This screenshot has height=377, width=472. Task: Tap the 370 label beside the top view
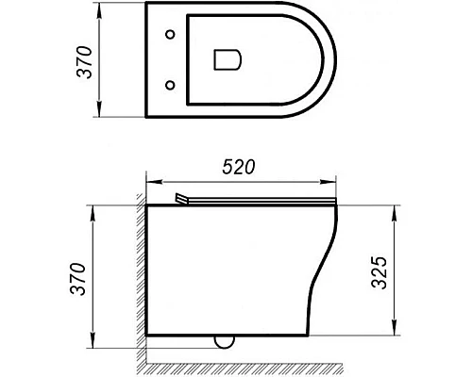(84, 61)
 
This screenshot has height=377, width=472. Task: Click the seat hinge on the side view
(183, 199)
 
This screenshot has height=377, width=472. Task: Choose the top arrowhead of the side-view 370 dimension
(93, 208)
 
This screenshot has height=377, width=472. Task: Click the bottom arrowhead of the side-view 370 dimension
(93, 343)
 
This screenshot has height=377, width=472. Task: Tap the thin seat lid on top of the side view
(264, 202)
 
